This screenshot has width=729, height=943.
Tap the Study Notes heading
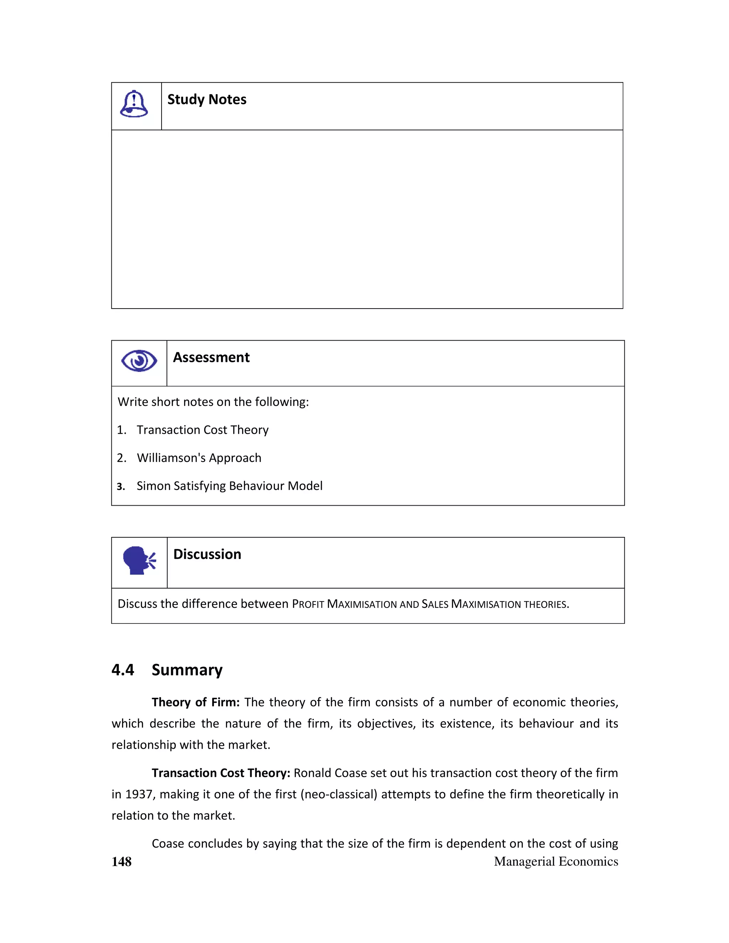(207, 99)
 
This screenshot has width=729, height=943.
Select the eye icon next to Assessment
(139, 360)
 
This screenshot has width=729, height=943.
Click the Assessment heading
(211, 358)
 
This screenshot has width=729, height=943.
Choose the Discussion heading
(207, 554)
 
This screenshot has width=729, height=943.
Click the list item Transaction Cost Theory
(203, 430)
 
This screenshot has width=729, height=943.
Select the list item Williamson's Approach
(199, 458)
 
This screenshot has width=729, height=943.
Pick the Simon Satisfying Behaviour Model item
(229, 486)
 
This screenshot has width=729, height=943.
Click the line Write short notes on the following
(213, 402)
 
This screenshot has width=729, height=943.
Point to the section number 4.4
(123, 670)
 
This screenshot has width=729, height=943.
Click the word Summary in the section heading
(187, 670)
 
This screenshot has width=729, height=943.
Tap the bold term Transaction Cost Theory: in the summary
(221, 773)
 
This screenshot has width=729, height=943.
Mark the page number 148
(121, 862)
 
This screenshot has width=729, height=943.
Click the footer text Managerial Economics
(556, 862)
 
